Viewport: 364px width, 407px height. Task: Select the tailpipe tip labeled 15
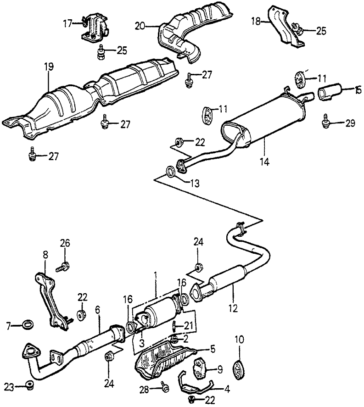click(x=330, y=92)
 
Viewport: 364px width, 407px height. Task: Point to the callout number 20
click(x=140, y=27)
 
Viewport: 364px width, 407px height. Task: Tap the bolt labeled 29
click(x=326, y=122)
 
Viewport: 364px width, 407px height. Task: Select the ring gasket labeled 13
click(x=170, y=173)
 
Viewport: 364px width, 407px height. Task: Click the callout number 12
click(x=235, y=307)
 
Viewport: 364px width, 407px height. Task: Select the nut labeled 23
click(x=30, y=385)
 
